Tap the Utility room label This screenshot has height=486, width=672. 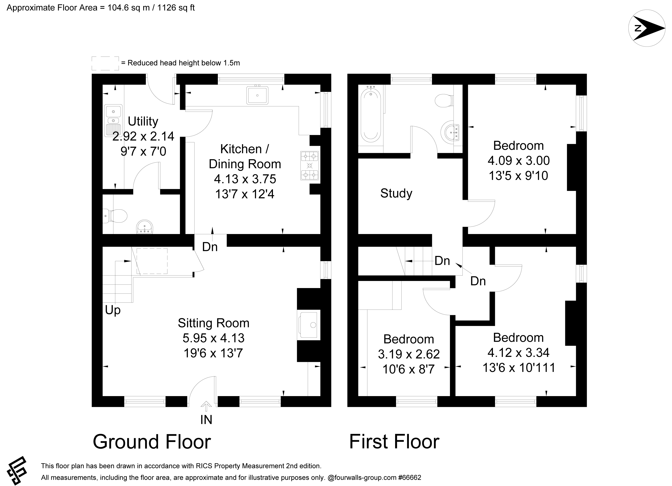(143, 121)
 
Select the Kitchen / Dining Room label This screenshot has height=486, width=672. (245, 156)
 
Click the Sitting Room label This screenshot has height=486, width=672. (213, 323)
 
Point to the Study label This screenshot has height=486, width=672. (396, 193)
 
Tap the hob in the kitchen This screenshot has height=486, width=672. (310, 166)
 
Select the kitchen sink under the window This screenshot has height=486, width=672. (257, 95)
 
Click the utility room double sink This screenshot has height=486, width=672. (113, 120)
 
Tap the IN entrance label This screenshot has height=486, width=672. (206, 420)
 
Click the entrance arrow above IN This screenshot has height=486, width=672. (206, 407)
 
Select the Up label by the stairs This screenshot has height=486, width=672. (113, 311)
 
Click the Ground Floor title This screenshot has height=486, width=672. (152, 442)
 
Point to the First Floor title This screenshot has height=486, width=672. (394, 442)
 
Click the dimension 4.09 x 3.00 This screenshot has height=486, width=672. (519, 161)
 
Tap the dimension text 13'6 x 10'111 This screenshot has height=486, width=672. (519, 368)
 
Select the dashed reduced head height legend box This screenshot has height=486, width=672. (105, 63)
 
